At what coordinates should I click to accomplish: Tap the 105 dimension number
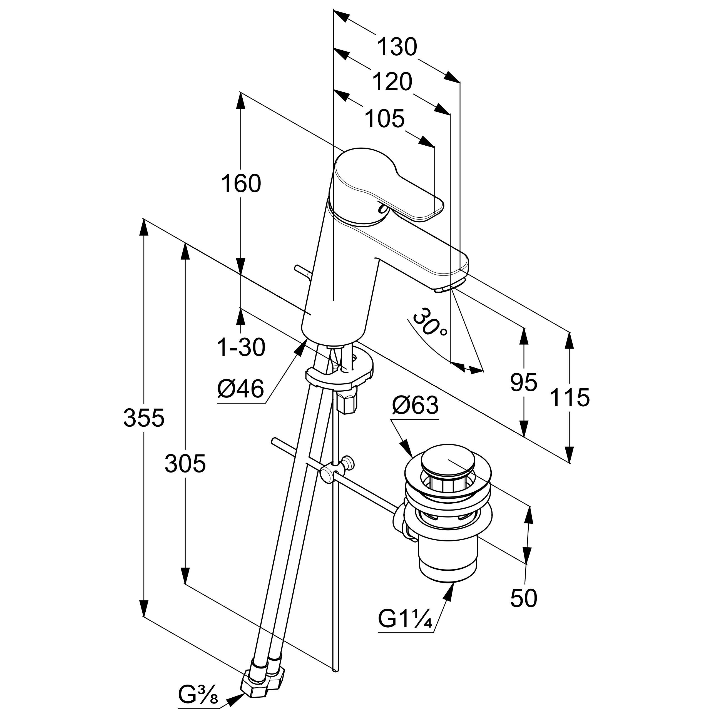coord(384,119)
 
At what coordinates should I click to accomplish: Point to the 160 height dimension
coord(241,183)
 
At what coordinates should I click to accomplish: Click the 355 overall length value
coord(143,418)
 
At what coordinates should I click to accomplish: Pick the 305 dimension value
coord(185,464)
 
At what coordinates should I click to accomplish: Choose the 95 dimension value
coord(523,382)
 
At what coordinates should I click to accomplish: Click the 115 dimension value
coord(569,398)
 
